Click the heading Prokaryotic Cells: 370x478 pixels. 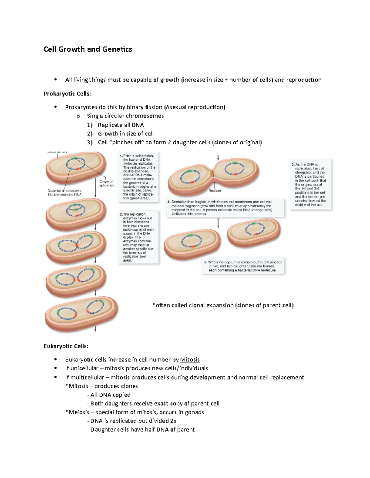pos(67,94)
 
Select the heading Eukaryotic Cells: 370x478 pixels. pos(66,346)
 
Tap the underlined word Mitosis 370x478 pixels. pos(190,360)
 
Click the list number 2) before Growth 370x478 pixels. pos(90,134)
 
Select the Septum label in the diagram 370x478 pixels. pos(215,191)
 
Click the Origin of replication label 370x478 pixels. pos(106,183)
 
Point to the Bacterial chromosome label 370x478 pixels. pos(65,193)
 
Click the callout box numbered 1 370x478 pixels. pos(139,177)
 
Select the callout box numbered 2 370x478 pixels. pos(138,237)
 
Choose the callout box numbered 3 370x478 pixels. pos(310,185)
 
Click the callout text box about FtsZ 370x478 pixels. pos(225,207)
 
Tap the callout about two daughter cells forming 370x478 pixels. pos(244,266)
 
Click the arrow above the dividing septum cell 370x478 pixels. pos(218,157)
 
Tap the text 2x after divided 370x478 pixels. pos(173,421)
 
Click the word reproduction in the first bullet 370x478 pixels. pos(304,80)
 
